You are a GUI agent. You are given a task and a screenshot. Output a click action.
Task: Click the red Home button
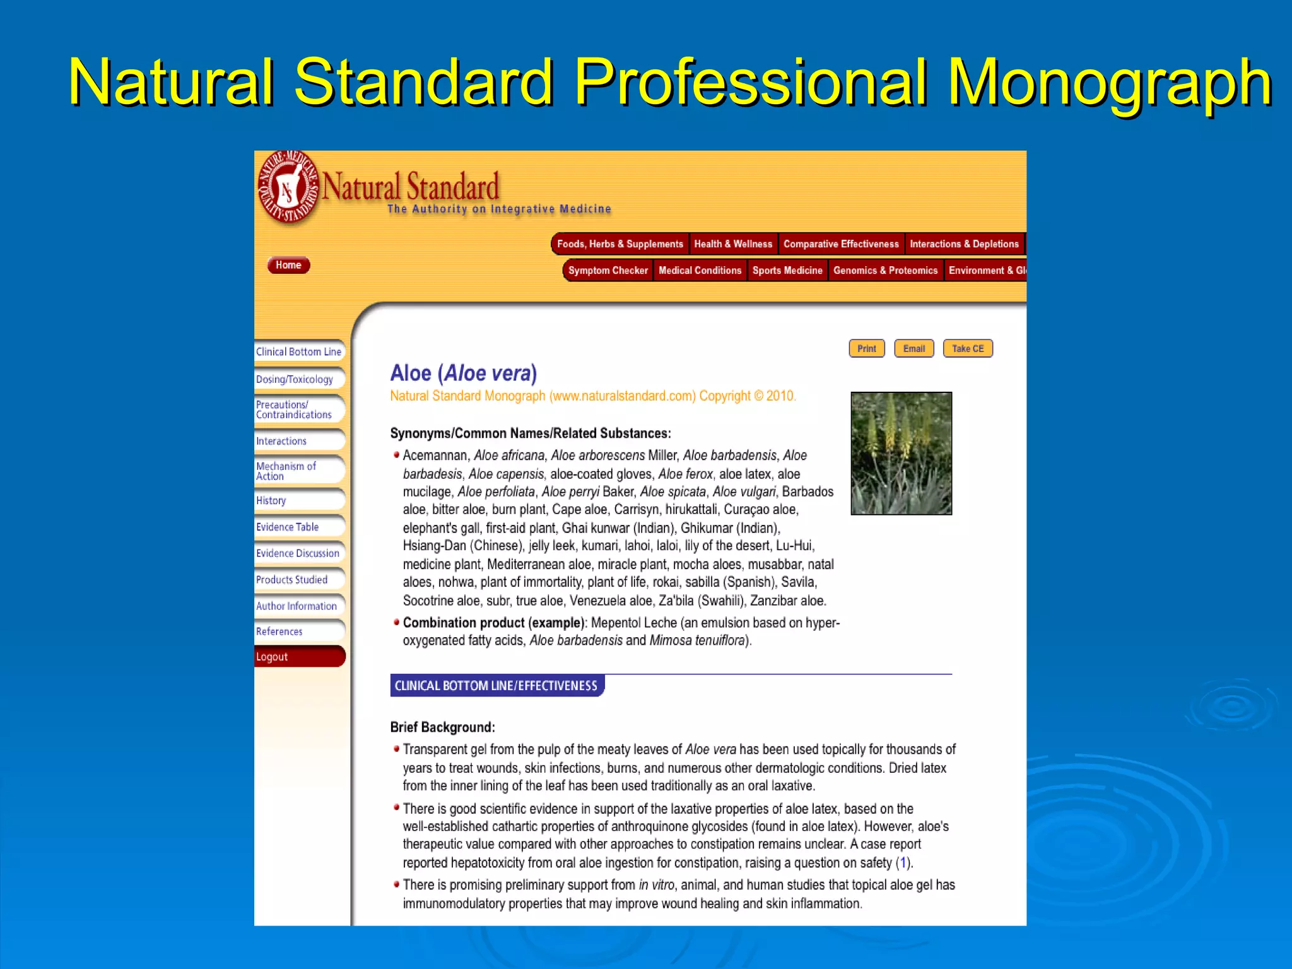(x=288, y=265)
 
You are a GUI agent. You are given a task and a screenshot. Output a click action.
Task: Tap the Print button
(x=866, y=349)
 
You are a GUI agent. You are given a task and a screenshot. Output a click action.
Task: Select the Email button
(x=913, y=349)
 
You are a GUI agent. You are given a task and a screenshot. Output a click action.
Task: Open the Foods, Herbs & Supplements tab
(x=620, y=244)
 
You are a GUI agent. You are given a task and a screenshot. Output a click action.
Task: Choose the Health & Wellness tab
(x=733, y=244)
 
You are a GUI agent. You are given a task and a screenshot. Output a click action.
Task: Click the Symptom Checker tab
(x=608, y=271)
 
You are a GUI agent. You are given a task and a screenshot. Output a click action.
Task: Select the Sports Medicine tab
(x=787, y=271)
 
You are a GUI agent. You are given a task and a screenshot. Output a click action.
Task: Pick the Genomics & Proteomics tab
(x=885, y=271)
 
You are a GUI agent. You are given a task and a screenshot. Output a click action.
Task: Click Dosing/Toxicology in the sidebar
(x=295, y=379)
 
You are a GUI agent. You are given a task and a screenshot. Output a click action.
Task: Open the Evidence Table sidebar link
(x=288, y=527)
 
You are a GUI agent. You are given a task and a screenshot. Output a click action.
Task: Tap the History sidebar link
(x=271, y=500)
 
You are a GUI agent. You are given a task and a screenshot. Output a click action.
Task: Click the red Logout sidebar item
(x=273, y=657)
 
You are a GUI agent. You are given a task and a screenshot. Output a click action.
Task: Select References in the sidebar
(x=279, y=631)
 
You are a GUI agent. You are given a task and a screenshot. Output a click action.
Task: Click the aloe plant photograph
(x=901, y=453)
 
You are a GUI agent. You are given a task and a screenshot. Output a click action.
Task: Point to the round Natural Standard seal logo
(x=288, y=188)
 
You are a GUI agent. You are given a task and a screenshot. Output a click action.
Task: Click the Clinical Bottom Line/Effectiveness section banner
(x=496, y=686)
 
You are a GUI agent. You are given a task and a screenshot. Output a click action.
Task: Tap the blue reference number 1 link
(x=903, y=862)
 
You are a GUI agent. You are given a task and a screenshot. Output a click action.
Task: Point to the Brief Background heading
(x=442, y=727)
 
